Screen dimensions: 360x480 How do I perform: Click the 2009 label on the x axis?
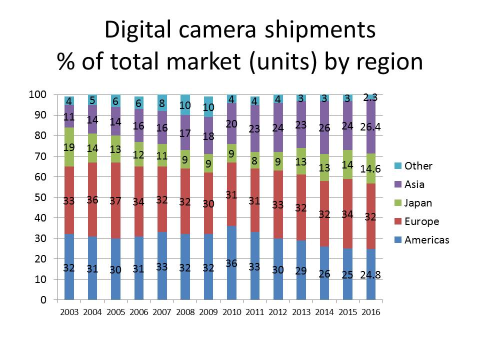(208, 312)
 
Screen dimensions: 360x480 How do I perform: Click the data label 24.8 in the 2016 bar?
(370, 274)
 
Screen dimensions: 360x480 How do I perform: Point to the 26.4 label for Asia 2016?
(370, 127)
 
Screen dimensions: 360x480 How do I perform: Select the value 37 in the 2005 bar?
(115, 201)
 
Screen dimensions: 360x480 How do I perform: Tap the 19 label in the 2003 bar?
(69, 146)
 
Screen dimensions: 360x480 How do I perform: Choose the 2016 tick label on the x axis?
(370, 312)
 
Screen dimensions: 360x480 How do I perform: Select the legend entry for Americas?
(427, 240)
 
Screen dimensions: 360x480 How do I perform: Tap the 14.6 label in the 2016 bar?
(370, 168)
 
